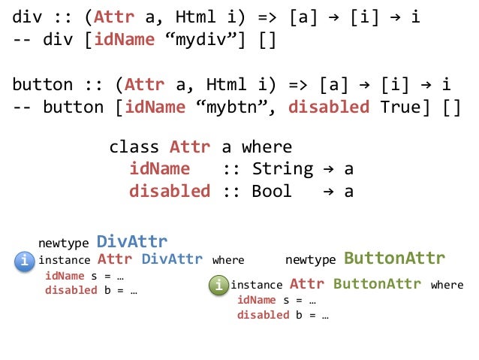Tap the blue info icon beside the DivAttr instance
tap(25, 261)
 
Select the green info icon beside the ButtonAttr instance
tap(218, 286)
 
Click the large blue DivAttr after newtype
tap(132, 241)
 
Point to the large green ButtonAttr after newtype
tap(394, 259)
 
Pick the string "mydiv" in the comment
tap(218, 39)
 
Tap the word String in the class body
tap(282, 168)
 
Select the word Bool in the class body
tap(272, 191)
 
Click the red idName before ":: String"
tap(160, 168)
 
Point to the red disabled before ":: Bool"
tap(170, 191)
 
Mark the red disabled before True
tap(329, 107)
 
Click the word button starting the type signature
tap(42, 84)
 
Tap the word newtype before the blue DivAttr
tap(64, 243)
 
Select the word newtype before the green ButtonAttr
tap(311, 260)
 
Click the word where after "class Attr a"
tap(267, 147)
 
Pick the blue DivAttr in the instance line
tap(172, 260)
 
